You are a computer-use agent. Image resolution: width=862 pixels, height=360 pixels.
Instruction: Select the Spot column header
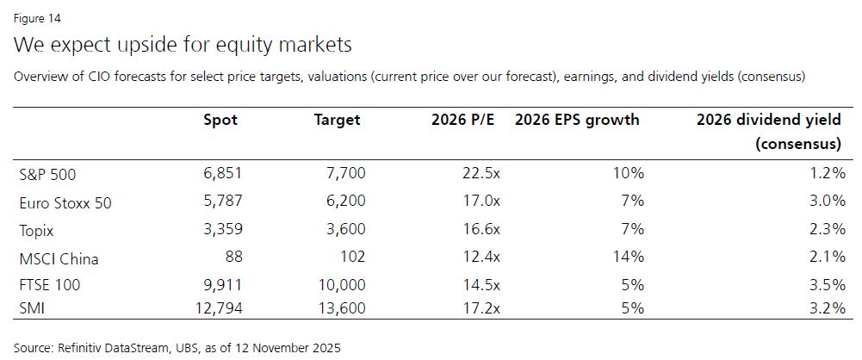point(220,120)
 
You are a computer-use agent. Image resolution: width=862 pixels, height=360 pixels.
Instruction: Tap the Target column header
point(337,120)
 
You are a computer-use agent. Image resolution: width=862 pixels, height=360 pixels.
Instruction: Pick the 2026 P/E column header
point(465,120)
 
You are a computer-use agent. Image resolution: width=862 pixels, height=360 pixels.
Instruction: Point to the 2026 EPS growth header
point(577,120)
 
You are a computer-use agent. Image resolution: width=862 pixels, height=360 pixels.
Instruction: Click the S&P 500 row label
point(47,175)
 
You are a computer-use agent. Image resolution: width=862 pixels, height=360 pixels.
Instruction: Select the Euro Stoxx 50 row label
point(65,203)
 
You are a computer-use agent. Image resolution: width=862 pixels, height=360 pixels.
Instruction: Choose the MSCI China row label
point(59,258)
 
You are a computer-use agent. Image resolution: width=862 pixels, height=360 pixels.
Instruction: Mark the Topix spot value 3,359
point(221,230)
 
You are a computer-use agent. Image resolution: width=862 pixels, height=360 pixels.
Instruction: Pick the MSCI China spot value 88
point(232,258)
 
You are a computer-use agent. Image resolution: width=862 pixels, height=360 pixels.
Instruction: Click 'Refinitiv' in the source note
point(87,348)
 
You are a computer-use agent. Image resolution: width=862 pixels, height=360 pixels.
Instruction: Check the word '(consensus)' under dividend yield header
point(798,144)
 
